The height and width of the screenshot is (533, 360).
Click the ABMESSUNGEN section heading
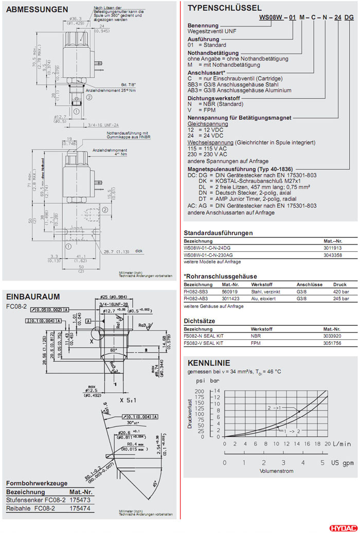[x=37, y=9]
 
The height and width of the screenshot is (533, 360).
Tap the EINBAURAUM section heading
[x=32, y=297]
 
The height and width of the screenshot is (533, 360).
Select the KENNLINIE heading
[x=209, y=362]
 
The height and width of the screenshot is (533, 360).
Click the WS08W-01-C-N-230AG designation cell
[x=208, y=254]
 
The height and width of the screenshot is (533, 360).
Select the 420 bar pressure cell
[x=340, y=291]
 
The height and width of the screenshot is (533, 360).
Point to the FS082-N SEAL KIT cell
[x=204, y=336]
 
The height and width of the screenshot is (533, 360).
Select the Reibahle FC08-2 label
[x=30, y=508]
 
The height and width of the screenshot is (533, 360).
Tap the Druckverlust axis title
[x=189, y=414]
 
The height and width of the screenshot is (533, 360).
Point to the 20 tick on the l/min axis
[x=328, y=444]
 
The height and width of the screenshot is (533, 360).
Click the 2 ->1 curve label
[x=274, y=408]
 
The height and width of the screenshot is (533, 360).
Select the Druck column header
[x=340, y=284]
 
